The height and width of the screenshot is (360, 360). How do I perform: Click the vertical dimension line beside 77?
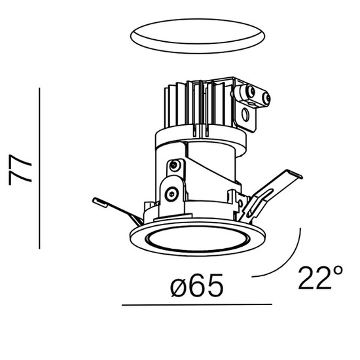click(x=41, y=168)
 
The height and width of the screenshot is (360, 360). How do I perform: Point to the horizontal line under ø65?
click(x=196, y=305)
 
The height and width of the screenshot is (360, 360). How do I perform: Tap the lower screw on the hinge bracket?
click(x=171, y=193)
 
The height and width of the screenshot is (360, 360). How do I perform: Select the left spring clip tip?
click(x=98, y=200)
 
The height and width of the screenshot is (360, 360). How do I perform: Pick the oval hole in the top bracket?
click(x=246, y=118)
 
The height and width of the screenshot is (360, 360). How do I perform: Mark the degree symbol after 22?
click(x=338, y=270)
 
